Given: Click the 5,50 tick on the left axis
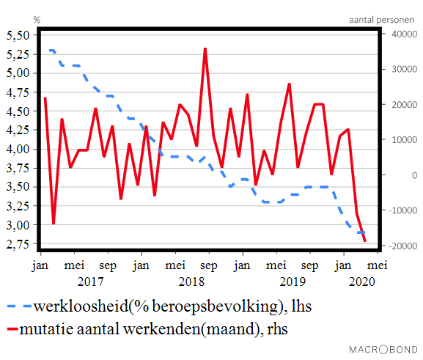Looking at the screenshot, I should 18,35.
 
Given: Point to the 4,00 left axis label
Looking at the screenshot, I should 18,149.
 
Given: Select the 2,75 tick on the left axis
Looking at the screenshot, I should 18,243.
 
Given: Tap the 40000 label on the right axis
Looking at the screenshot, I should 401,34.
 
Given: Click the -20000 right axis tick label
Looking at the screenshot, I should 400,246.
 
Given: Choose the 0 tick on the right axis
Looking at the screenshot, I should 394,175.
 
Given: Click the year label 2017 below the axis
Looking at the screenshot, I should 89,281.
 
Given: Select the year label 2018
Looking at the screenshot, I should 191,281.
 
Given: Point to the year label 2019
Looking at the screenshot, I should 293,281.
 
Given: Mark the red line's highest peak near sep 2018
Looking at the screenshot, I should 205,48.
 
